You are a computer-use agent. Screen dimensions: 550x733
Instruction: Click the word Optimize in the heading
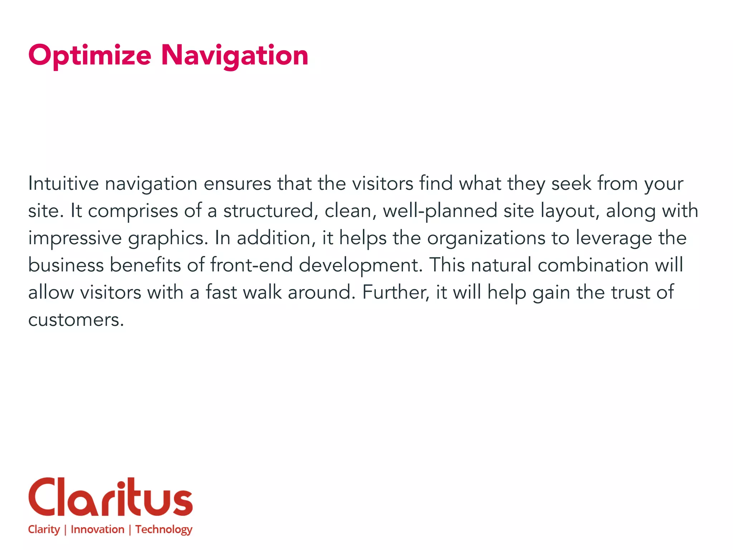tap(89, 56)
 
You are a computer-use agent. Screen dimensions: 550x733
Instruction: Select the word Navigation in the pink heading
tap(234, 56)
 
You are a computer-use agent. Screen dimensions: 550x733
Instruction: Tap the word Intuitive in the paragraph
tap(63, 184)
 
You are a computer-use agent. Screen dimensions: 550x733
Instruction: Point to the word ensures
tap(237, 184)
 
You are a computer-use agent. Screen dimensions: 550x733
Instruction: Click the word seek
tap(571, 184)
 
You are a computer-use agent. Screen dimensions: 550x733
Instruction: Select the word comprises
tap(133, 211)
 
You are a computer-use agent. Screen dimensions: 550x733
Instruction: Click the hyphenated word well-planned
tap(440, 211)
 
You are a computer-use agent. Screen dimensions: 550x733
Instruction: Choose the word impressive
tap(75, 238)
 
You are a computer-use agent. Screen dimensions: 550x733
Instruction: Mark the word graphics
tap(168, 238)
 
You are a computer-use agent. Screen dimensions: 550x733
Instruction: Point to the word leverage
tap(613, 238)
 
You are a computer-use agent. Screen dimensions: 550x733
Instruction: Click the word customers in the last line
tap(76, 320)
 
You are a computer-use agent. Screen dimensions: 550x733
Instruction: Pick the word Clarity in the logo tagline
tap(44, 530)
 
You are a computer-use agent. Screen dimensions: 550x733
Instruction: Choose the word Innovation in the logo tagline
tap(97, 529)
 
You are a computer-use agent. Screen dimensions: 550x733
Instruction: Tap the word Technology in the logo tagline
tap(164, 530)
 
